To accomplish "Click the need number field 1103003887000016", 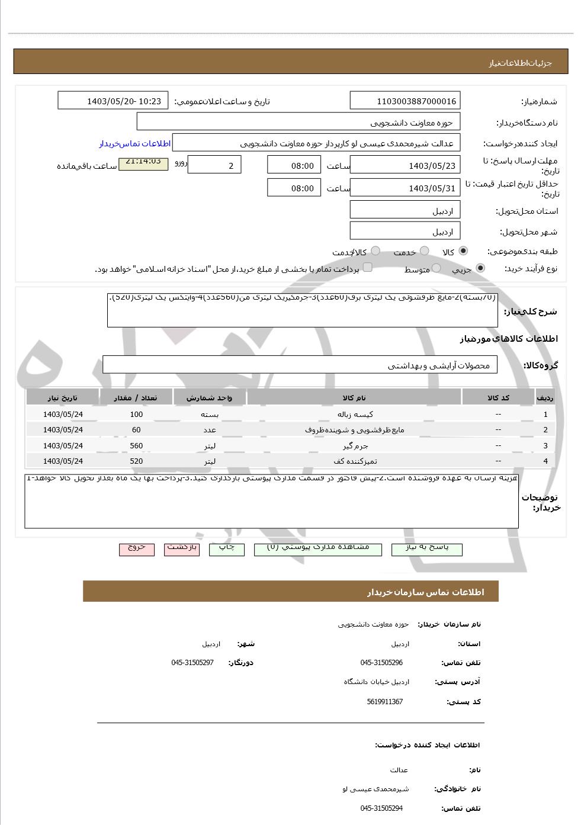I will click(405, 101).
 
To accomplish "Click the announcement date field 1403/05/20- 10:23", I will click(113, 101).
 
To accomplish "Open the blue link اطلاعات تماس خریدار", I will click(134, 144).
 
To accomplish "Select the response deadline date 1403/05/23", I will click(405, 165).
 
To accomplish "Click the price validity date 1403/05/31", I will click(405, 188).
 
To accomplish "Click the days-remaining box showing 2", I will click(214, 165).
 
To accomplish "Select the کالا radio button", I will click(463, 251).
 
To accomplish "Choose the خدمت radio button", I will click(424, 251).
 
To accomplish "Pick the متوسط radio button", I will click(436, 268).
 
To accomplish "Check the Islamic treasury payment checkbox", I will click(367, 267).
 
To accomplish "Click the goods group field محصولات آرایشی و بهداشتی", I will click(300, 365).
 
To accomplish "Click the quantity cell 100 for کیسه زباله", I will click(136, 415).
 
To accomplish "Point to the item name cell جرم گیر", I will click(355, 445).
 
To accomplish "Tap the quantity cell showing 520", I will click(136, 461).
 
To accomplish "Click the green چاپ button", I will click(227, 548).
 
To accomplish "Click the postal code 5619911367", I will click(384, 702).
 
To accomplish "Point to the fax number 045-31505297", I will click(192, 663).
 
